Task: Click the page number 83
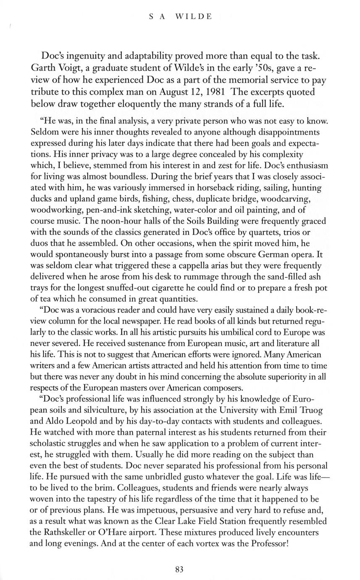pos(179,570)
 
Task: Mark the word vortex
pos(191,544)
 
